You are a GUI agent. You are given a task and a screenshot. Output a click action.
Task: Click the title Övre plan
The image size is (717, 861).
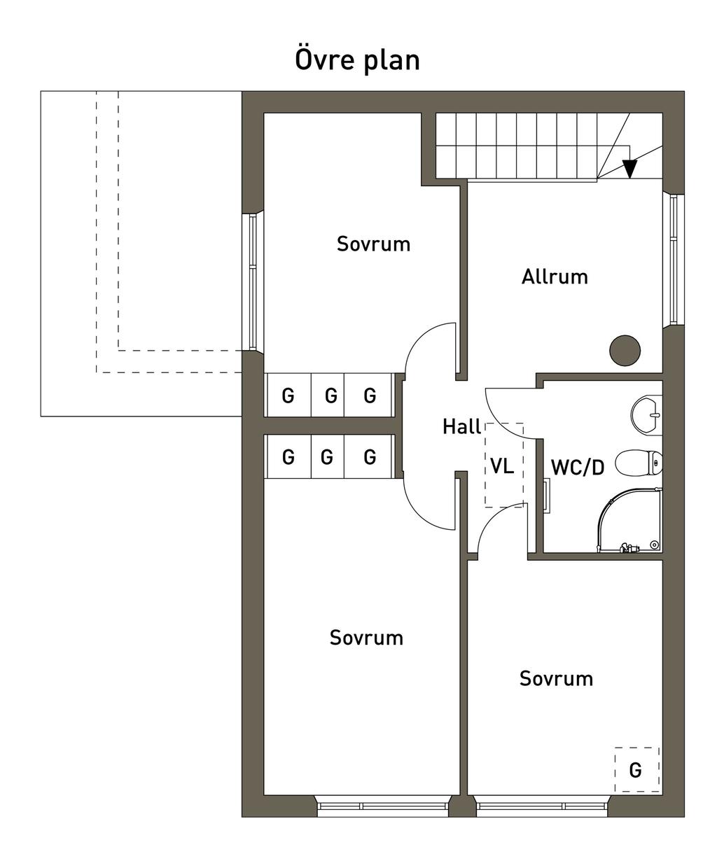(357, 60)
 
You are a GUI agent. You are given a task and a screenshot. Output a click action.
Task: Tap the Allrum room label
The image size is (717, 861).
(555, 277)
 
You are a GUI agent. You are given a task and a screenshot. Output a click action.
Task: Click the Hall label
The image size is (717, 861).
(461, 427)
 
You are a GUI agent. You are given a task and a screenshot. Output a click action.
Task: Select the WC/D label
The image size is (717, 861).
(578, 468)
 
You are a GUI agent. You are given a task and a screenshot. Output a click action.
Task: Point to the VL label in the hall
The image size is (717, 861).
(502, 466)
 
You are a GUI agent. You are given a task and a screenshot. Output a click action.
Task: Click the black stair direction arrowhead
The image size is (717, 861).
(629, 169)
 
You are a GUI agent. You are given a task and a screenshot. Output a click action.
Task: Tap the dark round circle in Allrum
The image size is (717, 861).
(624, 350)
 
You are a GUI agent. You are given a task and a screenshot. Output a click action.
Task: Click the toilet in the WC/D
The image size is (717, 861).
(638, 462)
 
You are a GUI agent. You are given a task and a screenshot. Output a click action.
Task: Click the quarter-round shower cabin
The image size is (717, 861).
(627, 521)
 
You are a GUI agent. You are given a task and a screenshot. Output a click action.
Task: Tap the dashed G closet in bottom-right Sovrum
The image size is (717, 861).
(636, 769)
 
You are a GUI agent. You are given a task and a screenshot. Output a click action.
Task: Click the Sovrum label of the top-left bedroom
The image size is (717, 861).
(373, 244)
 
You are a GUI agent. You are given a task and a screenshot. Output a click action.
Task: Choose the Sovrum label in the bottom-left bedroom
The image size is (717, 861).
(366, 638)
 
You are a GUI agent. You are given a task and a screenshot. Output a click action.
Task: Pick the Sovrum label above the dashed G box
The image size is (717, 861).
(556, 678)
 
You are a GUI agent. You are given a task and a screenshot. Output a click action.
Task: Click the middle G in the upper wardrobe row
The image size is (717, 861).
(330, 396)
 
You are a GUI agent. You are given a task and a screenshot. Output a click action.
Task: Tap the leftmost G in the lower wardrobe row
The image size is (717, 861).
(288, 458)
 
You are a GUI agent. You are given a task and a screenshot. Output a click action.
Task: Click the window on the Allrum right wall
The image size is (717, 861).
(673, 259)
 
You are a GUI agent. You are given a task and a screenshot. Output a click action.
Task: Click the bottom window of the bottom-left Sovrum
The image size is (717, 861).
(382, 806)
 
